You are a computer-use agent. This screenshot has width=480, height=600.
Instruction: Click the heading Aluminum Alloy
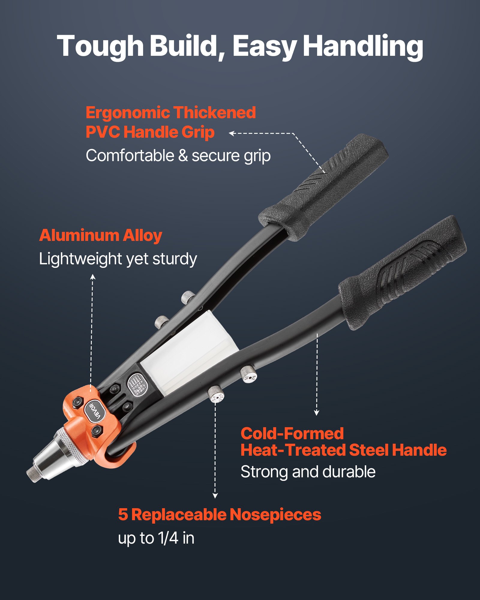[100, 235]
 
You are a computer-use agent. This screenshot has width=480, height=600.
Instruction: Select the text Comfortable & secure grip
[178, 156]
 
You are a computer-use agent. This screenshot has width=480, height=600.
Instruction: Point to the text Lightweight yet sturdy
[118, 259]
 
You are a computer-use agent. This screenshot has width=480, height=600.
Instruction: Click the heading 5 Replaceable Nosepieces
[220, 515]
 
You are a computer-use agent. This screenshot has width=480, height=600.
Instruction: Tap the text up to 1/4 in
[156, 538]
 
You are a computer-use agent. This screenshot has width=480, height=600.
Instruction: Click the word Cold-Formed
[292, 433]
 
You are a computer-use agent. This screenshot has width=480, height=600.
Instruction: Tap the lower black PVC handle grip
[402, 273]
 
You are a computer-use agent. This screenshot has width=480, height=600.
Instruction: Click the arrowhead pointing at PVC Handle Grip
[231, 133]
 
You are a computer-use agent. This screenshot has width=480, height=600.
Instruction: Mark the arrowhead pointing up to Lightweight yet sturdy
[93, 276]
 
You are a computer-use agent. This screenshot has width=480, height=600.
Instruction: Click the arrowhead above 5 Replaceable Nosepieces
[215, 496]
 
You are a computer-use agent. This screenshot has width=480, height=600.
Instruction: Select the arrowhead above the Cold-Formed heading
[316, 413]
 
